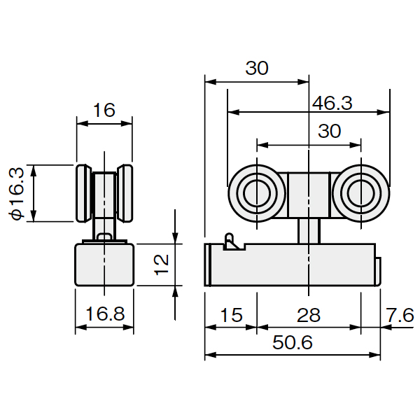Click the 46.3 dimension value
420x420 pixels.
pyautogui.click(x=332, y=103)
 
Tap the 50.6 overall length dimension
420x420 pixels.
pyautogui.click(x=293, y=342)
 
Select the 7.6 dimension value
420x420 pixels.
pyautogui.click(x=400, y=315)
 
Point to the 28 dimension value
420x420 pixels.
pyautogui.click(x=309, y=315)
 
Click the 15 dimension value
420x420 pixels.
pyautogui.click(x=232, y=315)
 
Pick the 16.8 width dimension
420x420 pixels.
pyautogui.click(x=105, y=314)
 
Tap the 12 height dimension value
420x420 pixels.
pyautogui.click(x=162, y=265)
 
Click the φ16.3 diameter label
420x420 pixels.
pyautogui.click(x=17, y=193)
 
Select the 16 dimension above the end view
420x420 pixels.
pyautogui.click(x=104, y=110)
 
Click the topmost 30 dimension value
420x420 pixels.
pyautogui.click(x=257, y=68)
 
